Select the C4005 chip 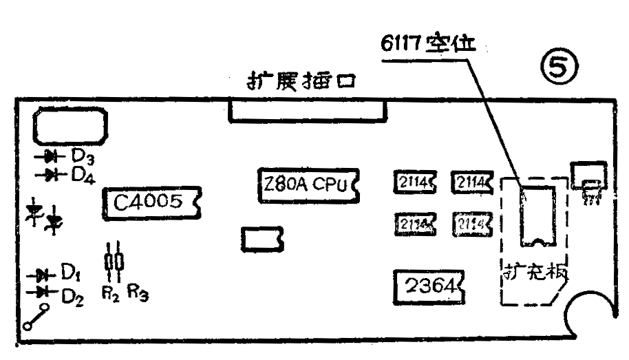tap(151, 202)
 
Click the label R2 tap(109, 293)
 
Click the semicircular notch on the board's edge tap(593, 315)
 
